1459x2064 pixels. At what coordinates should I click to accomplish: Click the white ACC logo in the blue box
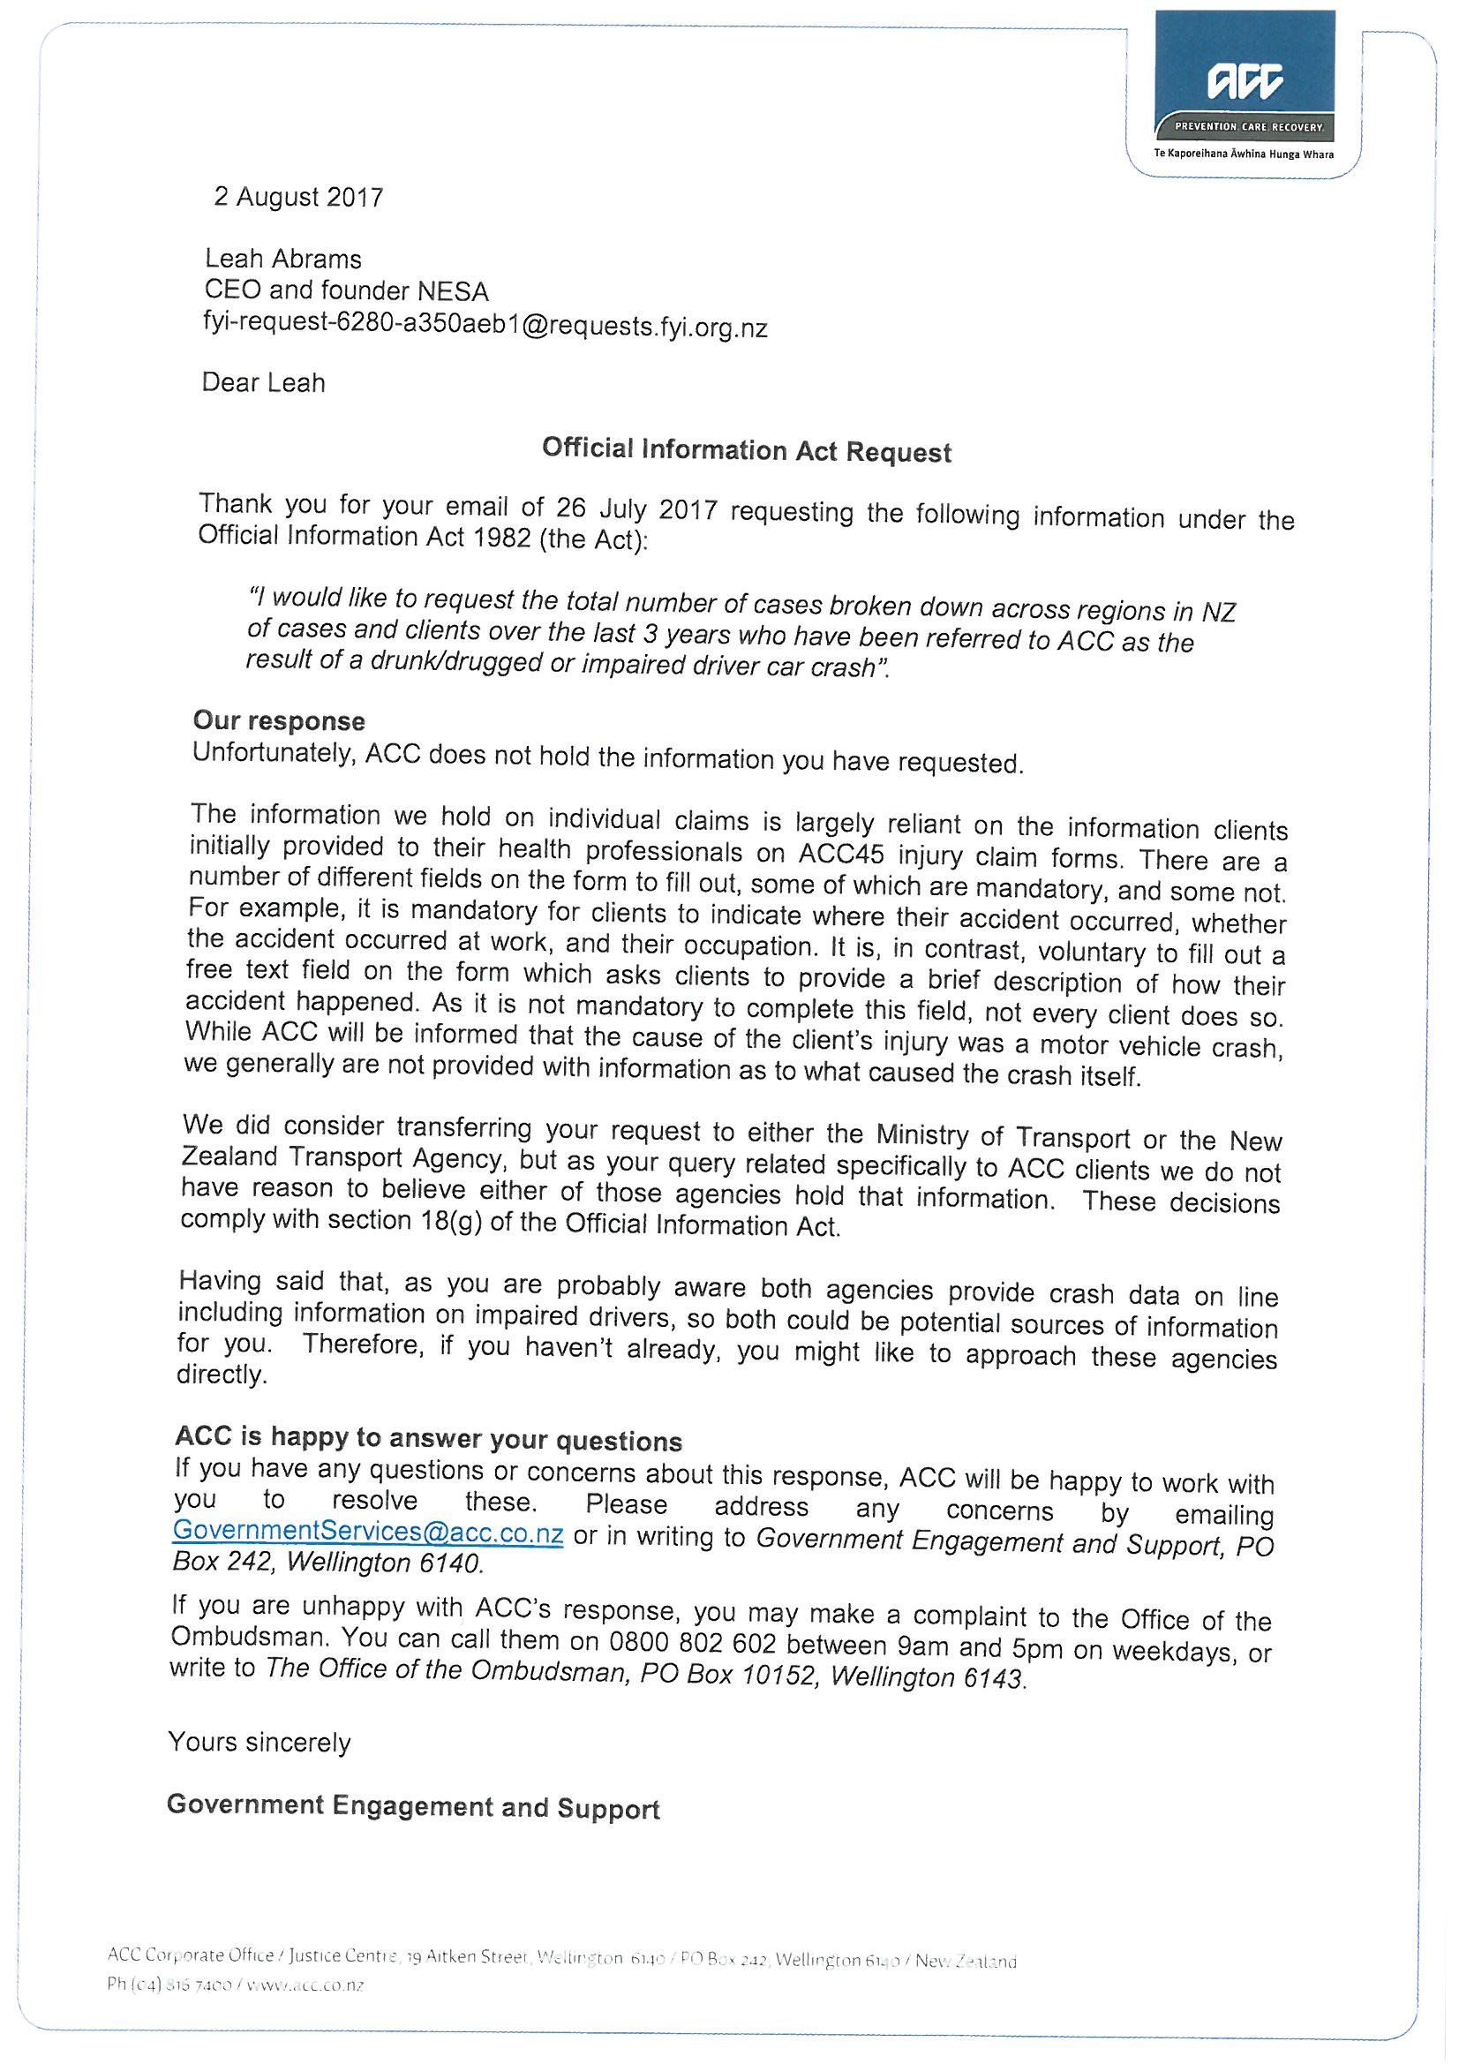(x=1245, y=83)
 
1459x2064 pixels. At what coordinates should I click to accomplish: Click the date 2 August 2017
(x=298, y=197)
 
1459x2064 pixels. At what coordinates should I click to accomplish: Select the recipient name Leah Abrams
(x=283, y=259)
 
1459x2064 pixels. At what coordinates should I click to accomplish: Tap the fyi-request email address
(x=485, y=326)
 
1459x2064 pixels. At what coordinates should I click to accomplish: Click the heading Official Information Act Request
(x=746, y=450)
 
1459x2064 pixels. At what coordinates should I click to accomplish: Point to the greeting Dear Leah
(x=263, y=383)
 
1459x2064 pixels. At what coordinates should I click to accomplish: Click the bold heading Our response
(x=279, y=721)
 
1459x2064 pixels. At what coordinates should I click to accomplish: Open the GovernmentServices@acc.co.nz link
(x=368, y=1532)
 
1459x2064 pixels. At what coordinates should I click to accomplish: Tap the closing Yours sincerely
(x=259, y=1742)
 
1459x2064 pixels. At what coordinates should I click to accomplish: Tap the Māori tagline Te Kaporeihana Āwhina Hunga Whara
(x=1244, y=154)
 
